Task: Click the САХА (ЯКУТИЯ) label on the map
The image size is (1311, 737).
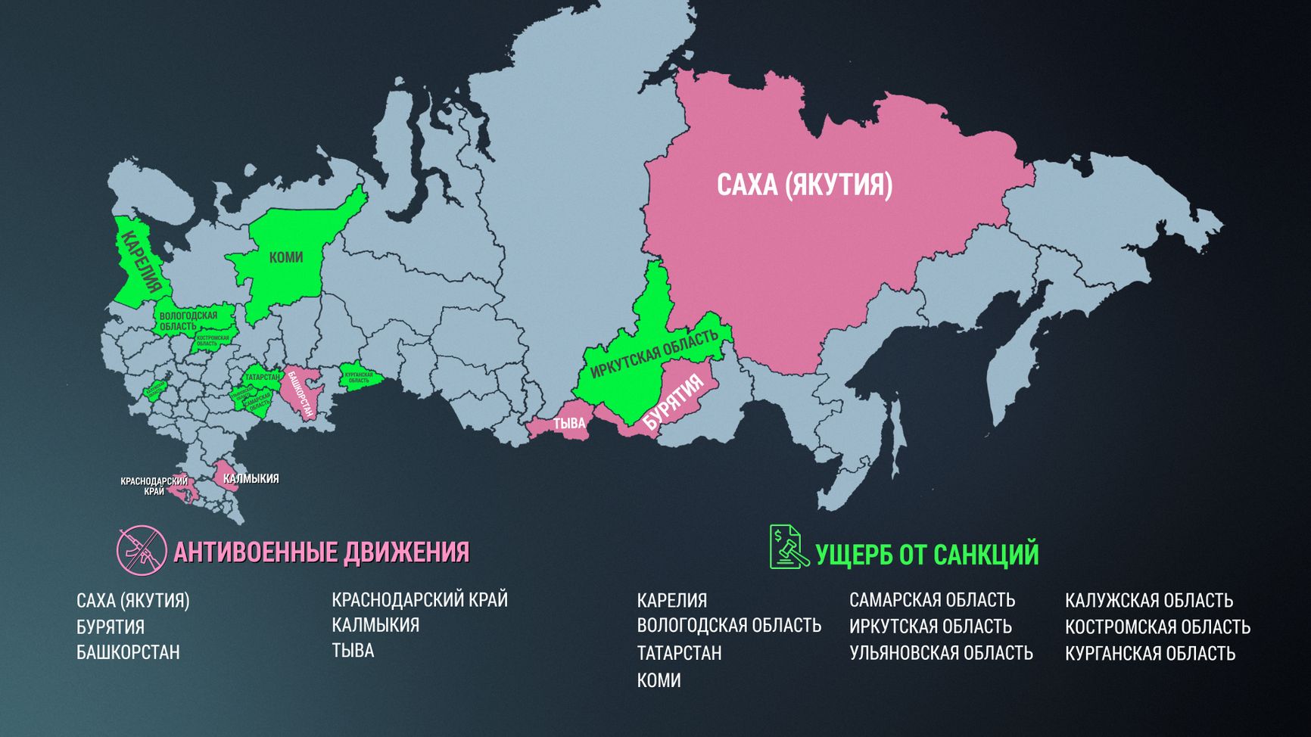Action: (804, 185)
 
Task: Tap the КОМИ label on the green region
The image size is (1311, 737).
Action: (286, 257)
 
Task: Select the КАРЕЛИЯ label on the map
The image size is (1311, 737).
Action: (141, 260)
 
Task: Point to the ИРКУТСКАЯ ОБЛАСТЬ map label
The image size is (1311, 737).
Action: (654, 353)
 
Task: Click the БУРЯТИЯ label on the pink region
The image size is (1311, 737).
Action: (673, 403)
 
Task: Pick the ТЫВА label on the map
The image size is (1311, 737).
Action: (569, 424)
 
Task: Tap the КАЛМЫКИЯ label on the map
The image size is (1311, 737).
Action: (251, 479)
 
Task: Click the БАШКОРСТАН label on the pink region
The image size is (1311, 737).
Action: (301, 394)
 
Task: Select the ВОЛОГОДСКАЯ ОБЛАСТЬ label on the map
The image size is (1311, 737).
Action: (188, 321)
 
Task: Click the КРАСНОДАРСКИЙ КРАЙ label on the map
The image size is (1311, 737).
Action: (154, 486)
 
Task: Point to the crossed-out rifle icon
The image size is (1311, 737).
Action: (142, 550)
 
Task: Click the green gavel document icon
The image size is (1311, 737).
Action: (787, 547)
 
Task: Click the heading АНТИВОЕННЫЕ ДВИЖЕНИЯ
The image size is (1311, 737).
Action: (321, 552)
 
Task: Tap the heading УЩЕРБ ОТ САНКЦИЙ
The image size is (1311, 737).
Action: (926, 555)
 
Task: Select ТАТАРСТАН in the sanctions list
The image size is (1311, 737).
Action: (679, 653)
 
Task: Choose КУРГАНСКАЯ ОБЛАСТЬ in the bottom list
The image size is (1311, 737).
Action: (1150, 654)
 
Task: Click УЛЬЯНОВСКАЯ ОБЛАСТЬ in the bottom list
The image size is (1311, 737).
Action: (940, 653)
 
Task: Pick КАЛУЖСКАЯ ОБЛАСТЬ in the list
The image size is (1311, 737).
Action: (1148, 601)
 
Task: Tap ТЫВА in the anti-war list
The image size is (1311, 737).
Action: (353, 651)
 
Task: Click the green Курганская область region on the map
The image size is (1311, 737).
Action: (359, 377)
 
